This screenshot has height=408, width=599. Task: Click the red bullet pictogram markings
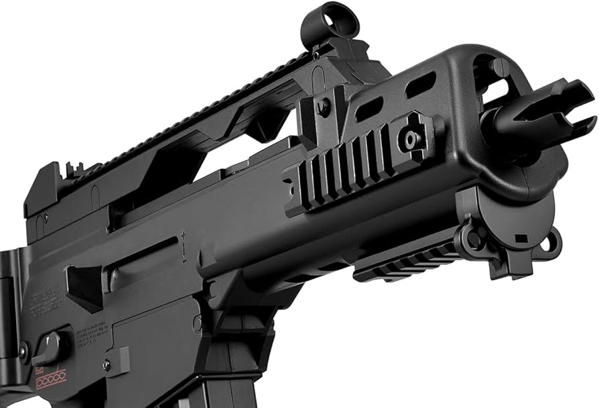click(52, 377)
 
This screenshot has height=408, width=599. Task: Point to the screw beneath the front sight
click(324, 105)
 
